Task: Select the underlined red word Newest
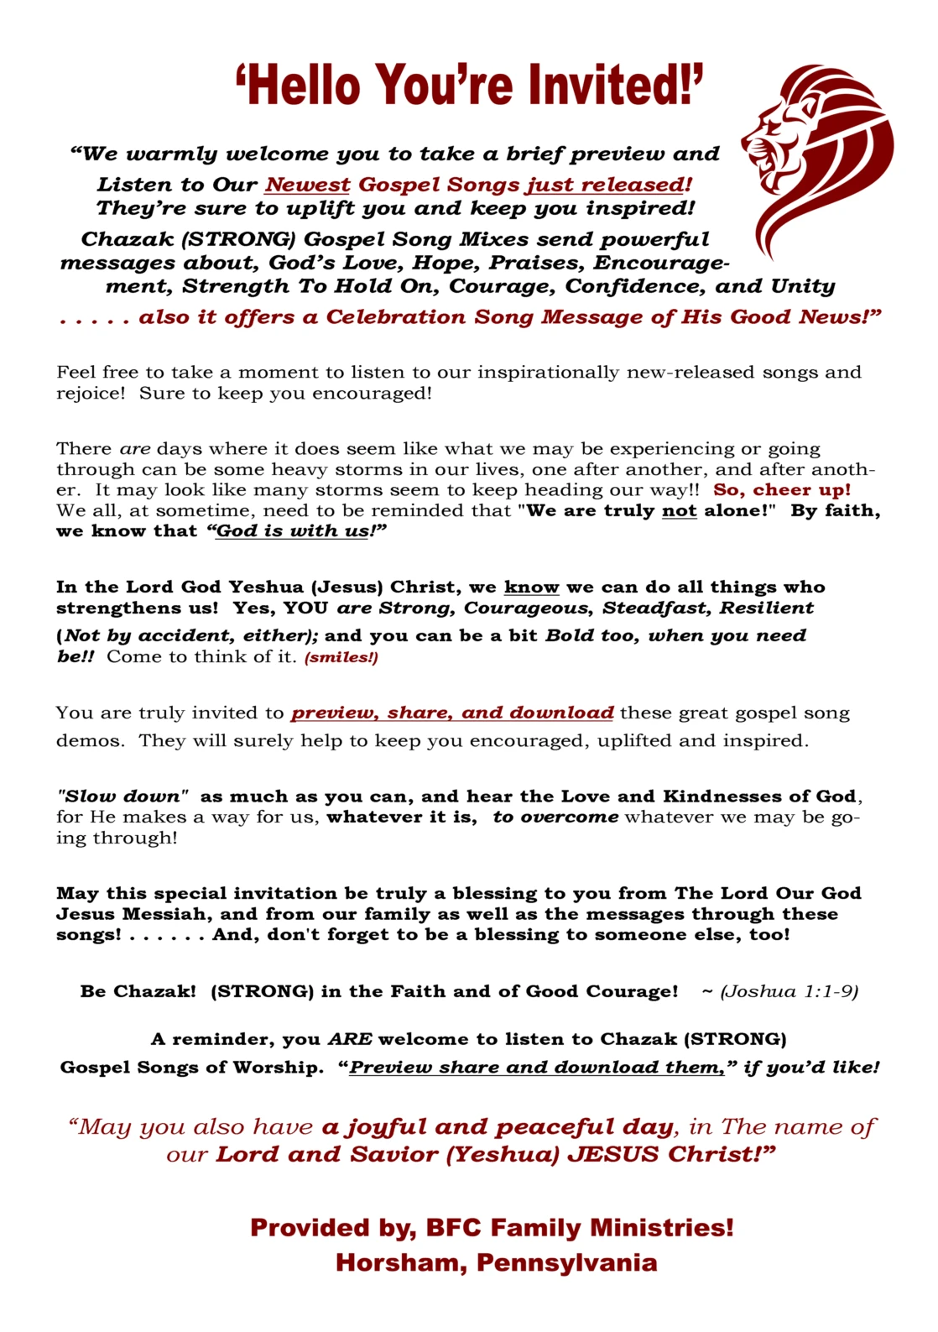tap(308, 185)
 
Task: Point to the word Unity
tap(802, 286)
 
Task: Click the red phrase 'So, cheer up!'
tap(782, 490)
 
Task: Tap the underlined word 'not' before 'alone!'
tap(679, 511)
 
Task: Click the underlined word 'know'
tap(531, 588)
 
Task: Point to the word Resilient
tap(767, 609)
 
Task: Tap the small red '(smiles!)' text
tap(341, 657)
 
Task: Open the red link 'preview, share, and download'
tap(452, 713)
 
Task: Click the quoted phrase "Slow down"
tap(122, 797)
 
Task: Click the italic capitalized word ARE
tap(349, 1039)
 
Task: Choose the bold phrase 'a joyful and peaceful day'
tap(498, 1126)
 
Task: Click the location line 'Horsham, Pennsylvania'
tap(496, 1262)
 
